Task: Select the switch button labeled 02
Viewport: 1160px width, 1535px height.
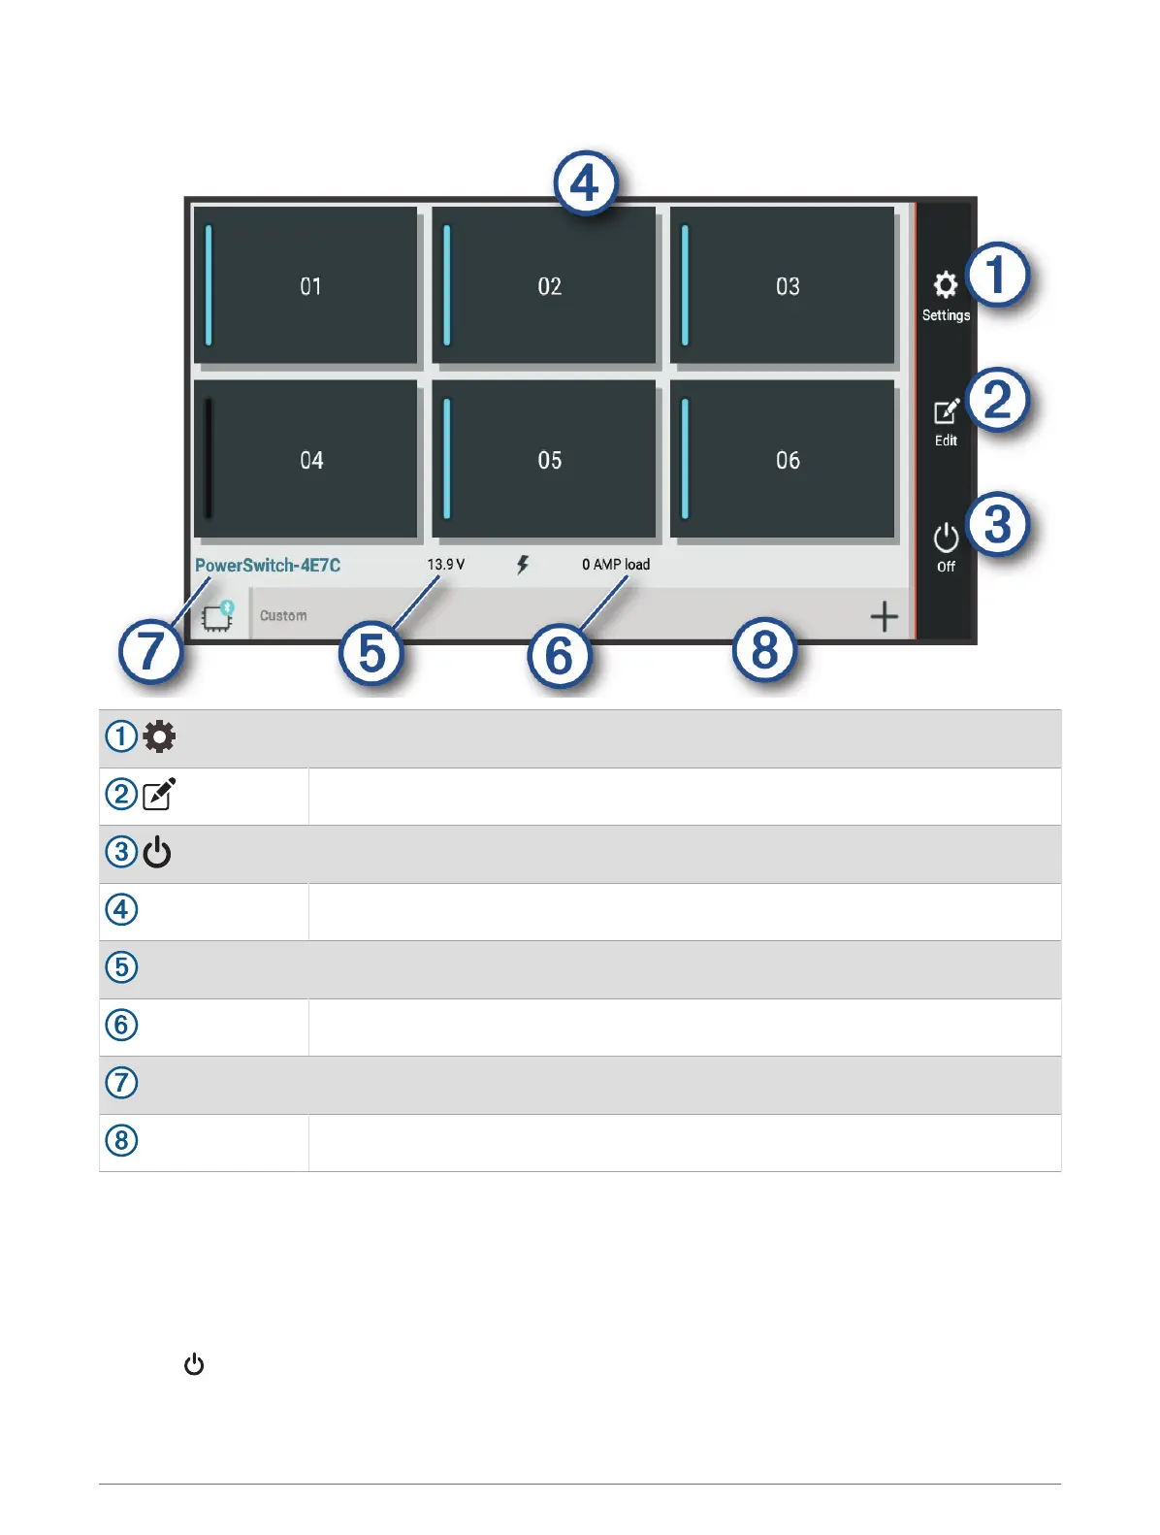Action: [545, 285]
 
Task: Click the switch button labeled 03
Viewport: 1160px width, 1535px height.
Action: [784, 285]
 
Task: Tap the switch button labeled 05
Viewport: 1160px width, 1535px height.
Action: [545, 459]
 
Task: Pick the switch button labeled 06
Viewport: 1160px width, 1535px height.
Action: [784, 459]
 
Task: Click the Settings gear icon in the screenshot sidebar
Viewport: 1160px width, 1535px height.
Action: [945, 285]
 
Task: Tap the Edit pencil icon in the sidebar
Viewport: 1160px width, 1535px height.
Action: [946, 412]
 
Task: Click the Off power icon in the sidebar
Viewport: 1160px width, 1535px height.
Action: [946, 539]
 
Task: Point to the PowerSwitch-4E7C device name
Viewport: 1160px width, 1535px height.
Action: [268, 566]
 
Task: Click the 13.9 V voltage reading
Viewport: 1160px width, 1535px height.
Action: [446, 565]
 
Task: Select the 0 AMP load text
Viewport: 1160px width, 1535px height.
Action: [616, 565]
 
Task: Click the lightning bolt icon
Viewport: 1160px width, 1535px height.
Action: [523, 565]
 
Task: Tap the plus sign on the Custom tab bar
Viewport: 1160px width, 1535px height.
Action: [884, 616]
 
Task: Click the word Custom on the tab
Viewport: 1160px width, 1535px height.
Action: [283, 616]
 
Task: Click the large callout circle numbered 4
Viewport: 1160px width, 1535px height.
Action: [585, 182]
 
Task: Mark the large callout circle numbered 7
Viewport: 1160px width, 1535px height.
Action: [150, 651]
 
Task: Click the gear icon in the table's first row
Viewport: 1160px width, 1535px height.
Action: [159, 736]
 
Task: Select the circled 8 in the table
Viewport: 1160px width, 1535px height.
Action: [121, 1140]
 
